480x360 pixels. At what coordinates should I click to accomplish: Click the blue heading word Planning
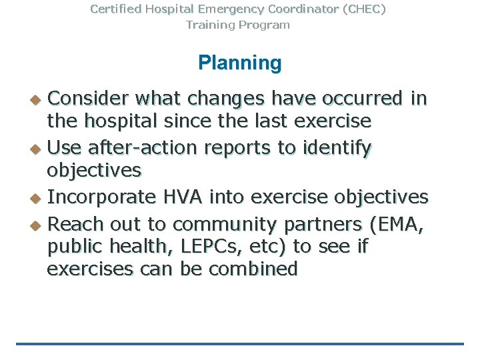(239, 63)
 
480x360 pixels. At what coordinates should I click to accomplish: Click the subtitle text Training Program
(238, 25)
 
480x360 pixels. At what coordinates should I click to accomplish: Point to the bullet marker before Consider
(37, 100)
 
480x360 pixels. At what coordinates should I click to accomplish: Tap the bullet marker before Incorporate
(37, 198)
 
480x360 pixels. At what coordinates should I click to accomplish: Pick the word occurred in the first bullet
(363, 99)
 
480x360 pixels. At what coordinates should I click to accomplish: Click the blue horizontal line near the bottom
(239, 344)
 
